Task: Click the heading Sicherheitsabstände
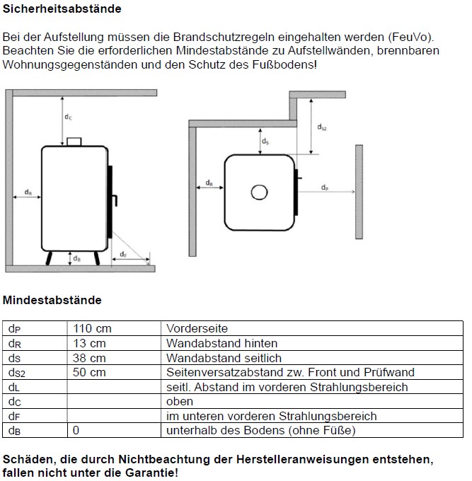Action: coord(62,9)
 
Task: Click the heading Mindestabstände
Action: coord(52,300)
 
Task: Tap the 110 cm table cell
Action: coord(92,328)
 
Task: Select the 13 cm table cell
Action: coord(89,343)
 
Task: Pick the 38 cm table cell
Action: coord(89,358)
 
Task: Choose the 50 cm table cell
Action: coord(89,372)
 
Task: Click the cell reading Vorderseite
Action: coord(197,328)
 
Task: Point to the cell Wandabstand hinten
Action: coord(221,343)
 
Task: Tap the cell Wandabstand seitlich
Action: coord(224,358)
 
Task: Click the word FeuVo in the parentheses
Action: coord(412,36)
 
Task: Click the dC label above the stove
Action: coord(68,117)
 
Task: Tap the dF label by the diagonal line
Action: coord(122,253)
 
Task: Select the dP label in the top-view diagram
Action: coord(324,187)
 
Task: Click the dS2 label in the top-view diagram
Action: coord(323,127)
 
